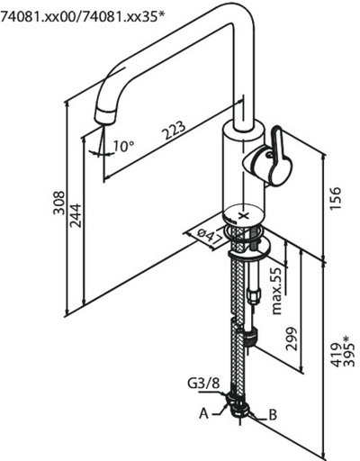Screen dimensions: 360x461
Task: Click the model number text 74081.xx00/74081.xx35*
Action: (83, 16)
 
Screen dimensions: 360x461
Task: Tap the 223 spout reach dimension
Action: (174, 130)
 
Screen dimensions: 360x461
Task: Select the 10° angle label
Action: (123, 146)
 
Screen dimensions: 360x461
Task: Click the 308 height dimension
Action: (58, 203)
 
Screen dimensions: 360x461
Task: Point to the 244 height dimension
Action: (75, 215)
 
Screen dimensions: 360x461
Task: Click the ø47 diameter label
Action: (210, 236)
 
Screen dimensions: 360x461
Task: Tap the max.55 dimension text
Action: (277, 291)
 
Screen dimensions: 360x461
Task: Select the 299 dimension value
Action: (291, 339)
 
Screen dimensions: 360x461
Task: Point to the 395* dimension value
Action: (349, 351)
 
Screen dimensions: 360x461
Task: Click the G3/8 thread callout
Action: (203, 384)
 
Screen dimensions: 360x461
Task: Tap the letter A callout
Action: (203, 414)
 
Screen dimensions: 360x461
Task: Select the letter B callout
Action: (273, 415)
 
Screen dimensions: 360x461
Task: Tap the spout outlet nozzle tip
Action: (105, 117)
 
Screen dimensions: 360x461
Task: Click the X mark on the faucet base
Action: (245, 215)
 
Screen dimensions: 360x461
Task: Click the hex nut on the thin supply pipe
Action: (253, 296)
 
